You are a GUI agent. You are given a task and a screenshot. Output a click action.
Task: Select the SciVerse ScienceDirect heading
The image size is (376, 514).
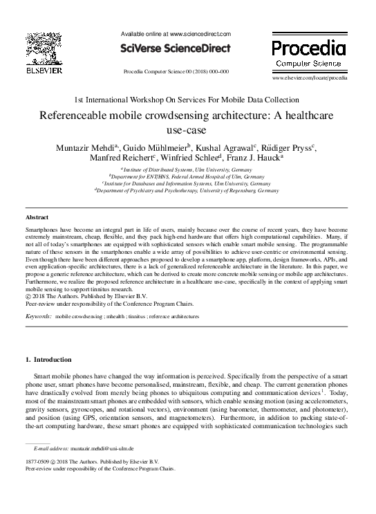click(x=176, y=48)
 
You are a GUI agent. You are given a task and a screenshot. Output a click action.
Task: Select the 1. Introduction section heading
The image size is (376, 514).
click(x=48, y=360)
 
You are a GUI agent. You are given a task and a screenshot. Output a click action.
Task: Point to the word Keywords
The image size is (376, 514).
click(x=39, y=315)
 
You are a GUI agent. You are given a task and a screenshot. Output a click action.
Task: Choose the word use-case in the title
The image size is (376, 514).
click(x=187, y=129)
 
